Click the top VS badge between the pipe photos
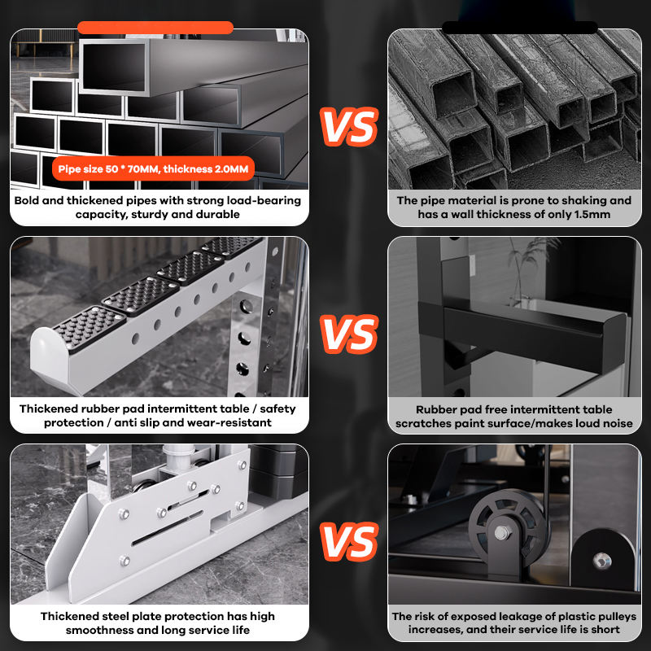[349, 127]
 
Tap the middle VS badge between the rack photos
[349, 334]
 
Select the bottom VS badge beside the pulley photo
[349, 542]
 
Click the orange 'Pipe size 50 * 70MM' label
[153, 169]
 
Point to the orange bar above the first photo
[155, 28]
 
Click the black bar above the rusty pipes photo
[520, 28]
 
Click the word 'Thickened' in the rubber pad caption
[49, 409]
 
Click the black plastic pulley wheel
[505, 528]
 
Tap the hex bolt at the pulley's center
[501, 532]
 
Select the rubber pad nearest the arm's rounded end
[89, 328]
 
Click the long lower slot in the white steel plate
[168, 527]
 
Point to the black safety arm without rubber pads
[523, 332]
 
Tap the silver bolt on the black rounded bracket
[601, 561]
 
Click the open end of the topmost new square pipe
[114, 67]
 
